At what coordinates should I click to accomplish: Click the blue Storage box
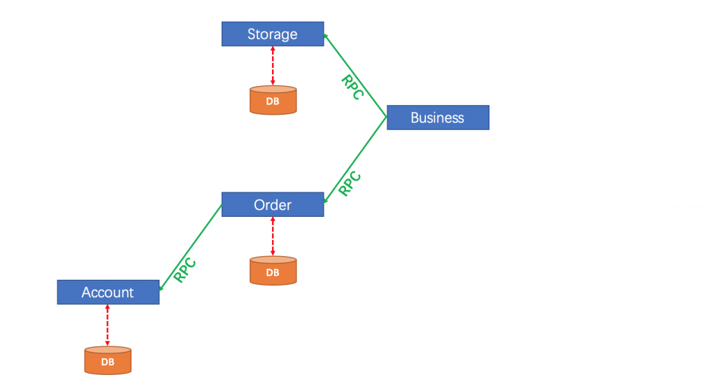[272, 34]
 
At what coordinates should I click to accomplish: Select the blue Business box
[438, 118]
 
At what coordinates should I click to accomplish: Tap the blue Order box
[272, 204]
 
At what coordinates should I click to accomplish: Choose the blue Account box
[108, 292]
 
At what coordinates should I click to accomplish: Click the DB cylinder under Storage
[273, 100]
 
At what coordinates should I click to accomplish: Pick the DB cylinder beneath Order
[273, 271]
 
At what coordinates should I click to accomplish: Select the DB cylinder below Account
[108, 360]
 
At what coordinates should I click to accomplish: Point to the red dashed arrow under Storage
[273, 66]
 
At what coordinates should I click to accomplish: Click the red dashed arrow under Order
[273, 236]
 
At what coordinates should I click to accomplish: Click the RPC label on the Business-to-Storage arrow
[351, 87]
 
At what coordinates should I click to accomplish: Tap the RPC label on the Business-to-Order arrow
[349, 183]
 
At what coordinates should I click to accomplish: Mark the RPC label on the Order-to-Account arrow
[185, 271]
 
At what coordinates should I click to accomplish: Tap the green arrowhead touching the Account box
[162, 288]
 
